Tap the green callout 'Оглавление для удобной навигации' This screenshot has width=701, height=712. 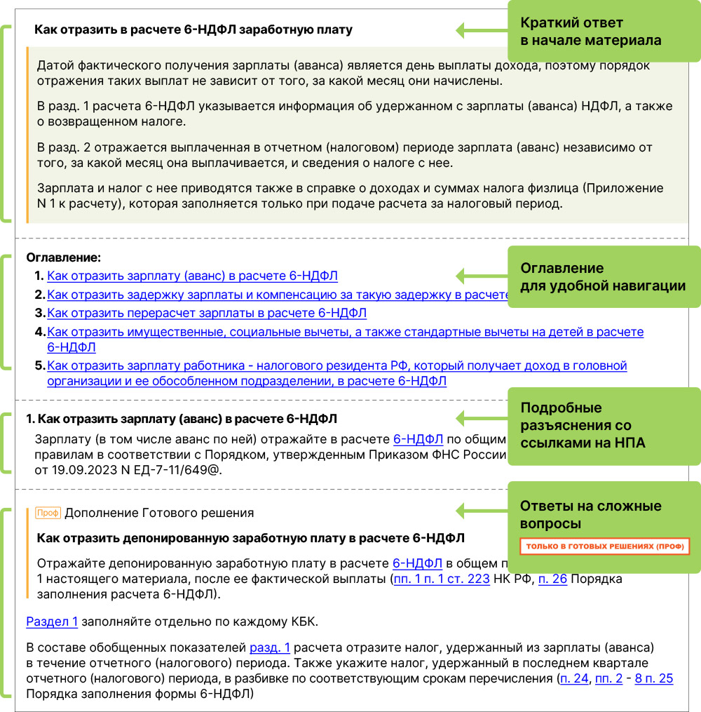pos(603,277)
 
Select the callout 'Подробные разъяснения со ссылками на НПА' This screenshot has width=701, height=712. pos(603,426)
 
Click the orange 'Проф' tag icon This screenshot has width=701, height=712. pos(48,513)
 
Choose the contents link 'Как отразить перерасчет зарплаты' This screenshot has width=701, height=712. pos(207,313)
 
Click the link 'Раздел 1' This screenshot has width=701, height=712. pos(52,621)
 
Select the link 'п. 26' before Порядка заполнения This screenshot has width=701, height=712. pos(552,579)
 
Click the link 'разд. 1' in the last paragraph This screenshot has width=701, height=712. pos(270,647)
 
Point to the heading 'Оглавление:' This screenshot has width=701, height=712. pos(64,258)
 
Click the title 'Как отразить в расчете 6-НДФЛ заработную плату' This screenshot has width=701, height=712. pos(193,30)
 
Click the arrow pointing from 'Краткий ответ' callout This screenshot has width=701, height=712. pos(484,30)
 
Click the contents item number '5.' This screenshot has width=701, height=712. pos(39,365)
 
